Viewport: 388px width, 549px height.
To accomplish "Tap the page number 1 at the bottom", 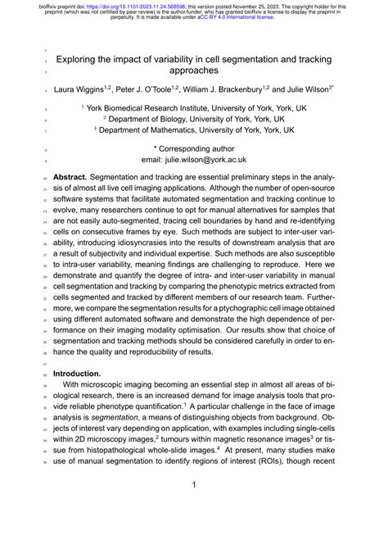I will coord(194,485).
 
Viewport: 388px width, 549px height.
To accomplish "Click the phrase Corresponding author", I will coord(200,149).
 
